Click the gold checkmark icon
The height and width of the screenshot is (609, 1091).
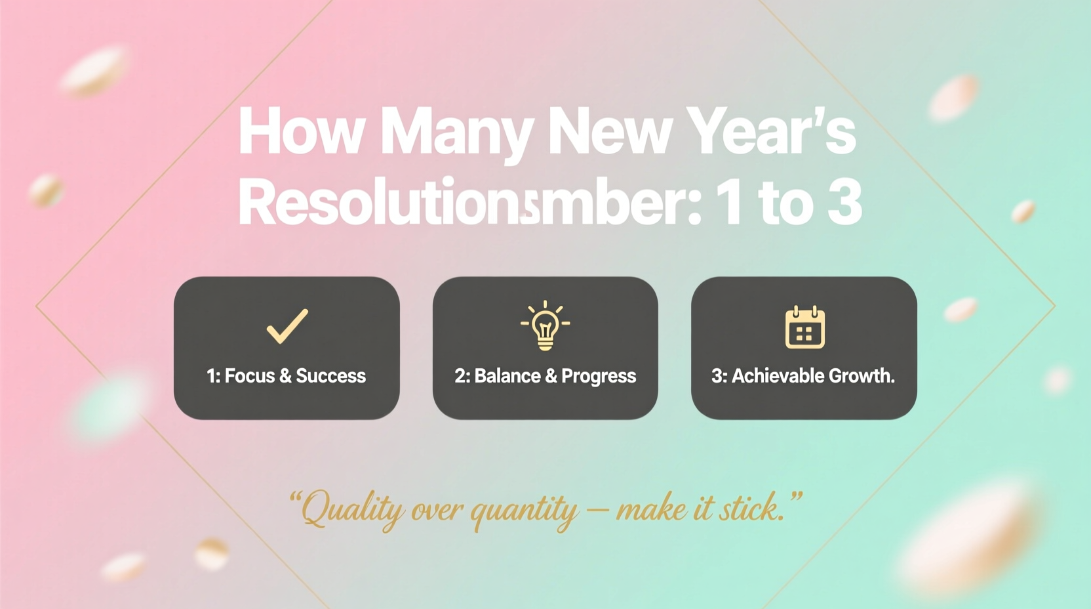(x=287, y=325)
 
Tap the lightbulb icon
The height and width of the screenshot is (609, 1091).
(x=545, y=325)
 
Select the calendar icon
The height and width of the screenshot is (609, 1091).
(x=804, y=327)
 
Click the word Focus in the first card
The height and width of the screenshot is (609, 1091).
(x=250, y=376)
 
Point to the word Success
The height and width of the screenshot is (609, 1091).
(x=330, y=376)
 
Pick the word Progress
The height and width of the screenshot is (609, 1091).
(x=599, y=377)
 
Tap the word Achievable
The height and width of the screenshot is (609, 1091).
(x=768, y=376)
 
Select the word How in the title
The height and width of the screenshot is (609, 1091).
(x=300, y=131)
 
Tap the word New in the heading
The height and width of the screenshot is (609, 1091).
(x=609, y=131)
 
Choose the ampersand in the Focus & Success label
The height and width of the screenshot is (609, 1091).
(x=285, y=376)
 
